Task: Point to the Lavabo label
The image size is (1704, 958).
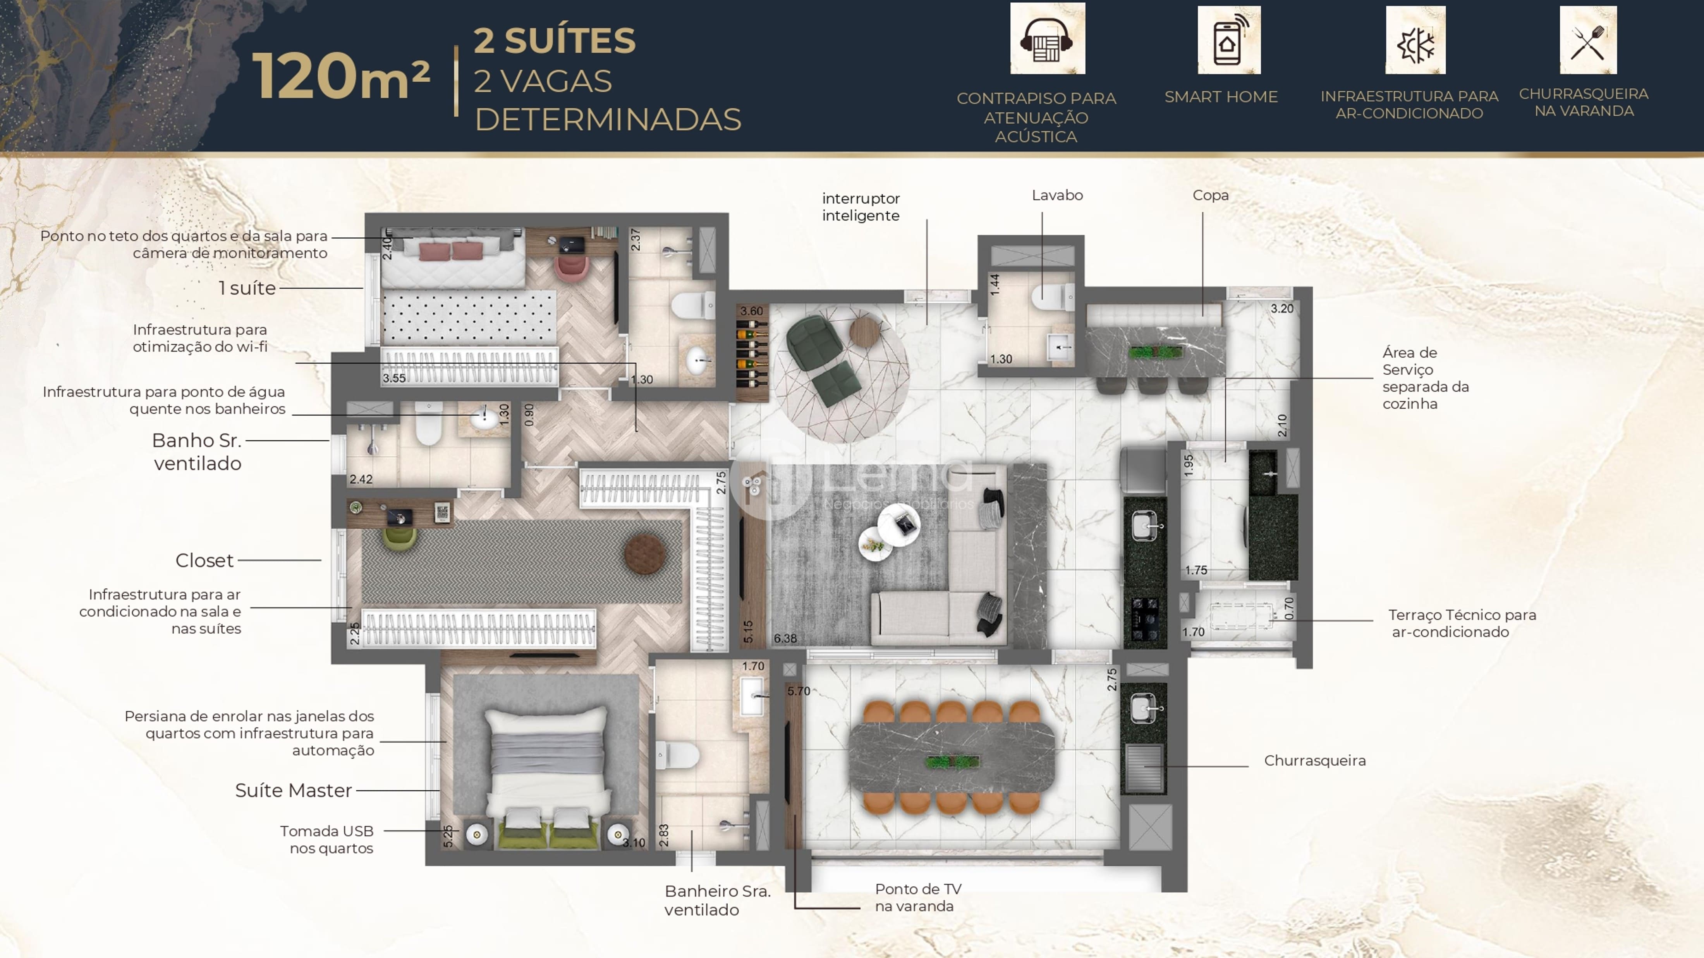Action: [x=1057, y=195]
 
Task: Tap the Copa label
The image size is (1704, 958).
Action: [x=1211, y=195]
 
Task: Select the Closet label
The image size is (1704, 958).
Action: [x=204, y=560]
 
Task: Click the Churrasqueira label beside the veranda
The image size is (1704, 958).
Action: [x=1315, y=760]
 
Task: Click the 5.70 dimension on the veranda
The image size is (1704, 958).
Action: [x=799, y=691]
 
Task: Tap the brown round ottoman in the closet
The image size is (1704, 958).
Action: [x=644, y=554]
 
